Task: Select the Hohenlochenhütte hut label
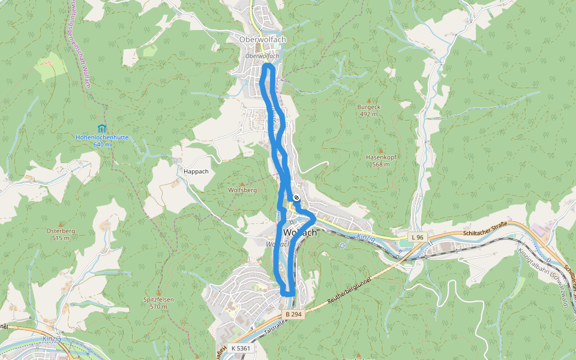102,137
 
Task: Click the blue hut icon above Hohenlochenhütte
101,128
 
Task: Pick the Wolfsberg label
242,190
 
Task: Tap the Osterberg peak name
61,230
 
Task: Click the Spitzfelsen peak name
158,299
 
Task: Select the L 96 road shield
418,238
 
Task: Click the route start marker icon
296,197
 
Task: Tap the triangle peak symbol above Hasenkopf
380,150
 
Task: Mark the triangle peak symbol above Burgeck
368,100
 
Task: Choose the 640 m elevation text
103,145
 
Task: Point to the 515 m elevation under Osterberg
61,238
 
